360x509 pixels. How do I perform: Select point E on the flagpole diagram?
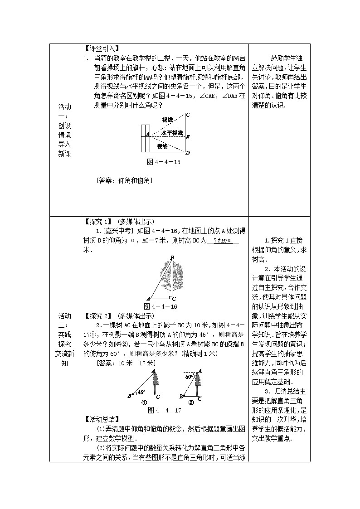click(x=188, y=136)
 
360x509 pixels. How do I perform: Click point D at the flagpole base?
click(x=188, y=153)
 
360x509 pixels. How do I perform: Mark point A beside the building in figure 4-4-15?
click(x=148, y=135)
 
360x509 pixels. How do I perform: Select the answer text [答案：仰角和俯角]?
click(x=124, y=180)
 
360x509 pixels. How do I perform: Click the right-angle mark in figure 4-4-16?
click(x=169, y=297)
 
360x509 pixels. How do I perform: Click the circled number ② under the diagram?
click(x=191, y=402)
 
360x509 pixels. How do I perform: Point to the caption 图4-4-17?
click(x=165, y=410)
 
